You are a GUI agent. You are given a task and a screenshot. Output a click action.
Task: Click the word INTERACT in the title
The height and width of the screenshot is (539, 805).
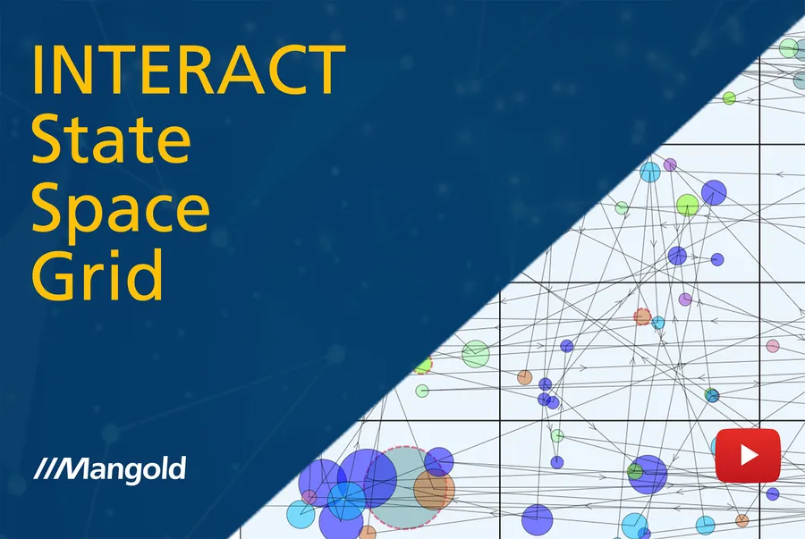pos(188,69)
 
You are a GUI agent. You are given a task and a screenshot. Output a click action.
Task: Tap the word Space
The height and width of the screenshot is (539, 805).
pos(121,207)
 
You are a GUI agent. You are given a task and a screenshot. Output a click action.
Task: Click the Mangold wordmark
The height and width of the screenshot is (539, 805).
pos(126,467)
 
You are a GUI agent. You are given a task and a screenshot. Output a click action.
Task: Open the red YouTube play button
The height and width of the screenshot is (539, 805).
pos(748,455)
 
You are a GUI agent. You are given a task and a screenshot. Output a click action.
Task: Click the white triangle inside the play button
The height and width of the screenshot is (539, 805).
pos(749,455)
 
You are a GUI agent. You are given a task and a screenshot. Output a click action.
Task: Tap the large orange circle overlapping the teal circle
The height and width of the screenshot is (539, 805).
pos(435,490)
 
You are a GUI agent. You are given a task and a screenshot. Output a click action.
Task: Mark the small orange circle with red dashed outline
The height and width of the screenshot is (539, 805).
pos(642,316)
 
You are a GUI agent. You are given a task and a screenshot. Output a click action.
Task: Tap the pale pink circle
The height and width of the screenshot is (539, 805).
pos(773,346)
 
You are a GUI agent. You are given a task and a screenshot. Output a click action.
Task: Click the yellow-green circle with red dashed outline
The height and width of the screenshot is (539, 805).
pos(423,365)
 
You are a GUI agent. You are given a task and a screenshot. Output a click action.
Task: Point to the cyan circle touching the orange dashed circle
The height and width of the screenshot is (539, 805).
pos(658,322)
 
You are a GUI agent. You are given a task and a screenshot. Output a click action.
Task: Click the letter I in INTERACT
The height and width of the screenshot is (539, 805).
pos(38,69)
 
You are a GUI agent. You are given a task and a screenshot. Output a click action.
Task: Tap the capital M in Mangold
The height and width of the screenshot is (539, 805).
pos(80,467)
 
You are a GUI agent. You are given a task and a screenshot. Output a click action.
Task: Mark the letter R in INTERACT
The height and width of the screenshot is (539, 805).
pos(216,69)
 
